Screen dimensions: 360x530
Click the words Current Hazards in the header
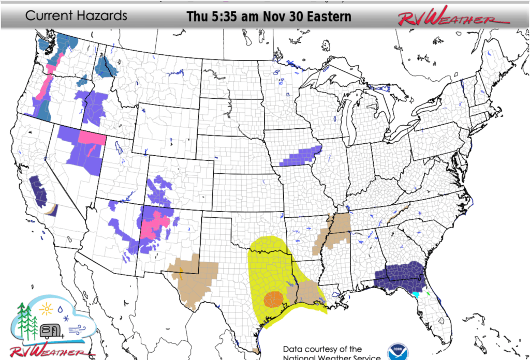[76, 16]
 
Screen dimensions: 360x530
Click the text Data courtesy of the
[322, 349]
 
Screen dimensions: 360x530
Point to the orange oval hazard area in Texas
[273, 298]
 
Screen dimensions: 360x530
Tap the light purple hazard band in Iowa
[300, 155]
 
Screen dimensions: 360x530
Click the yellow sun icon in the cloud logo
[47, 309]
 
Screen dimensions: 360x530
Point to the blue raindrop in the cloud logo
[61, 308]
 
